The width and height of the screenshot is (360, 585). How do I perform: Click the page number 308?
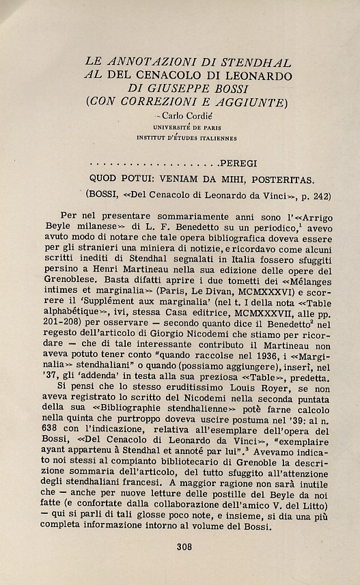pyautogui.click(x=184, y=546)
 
